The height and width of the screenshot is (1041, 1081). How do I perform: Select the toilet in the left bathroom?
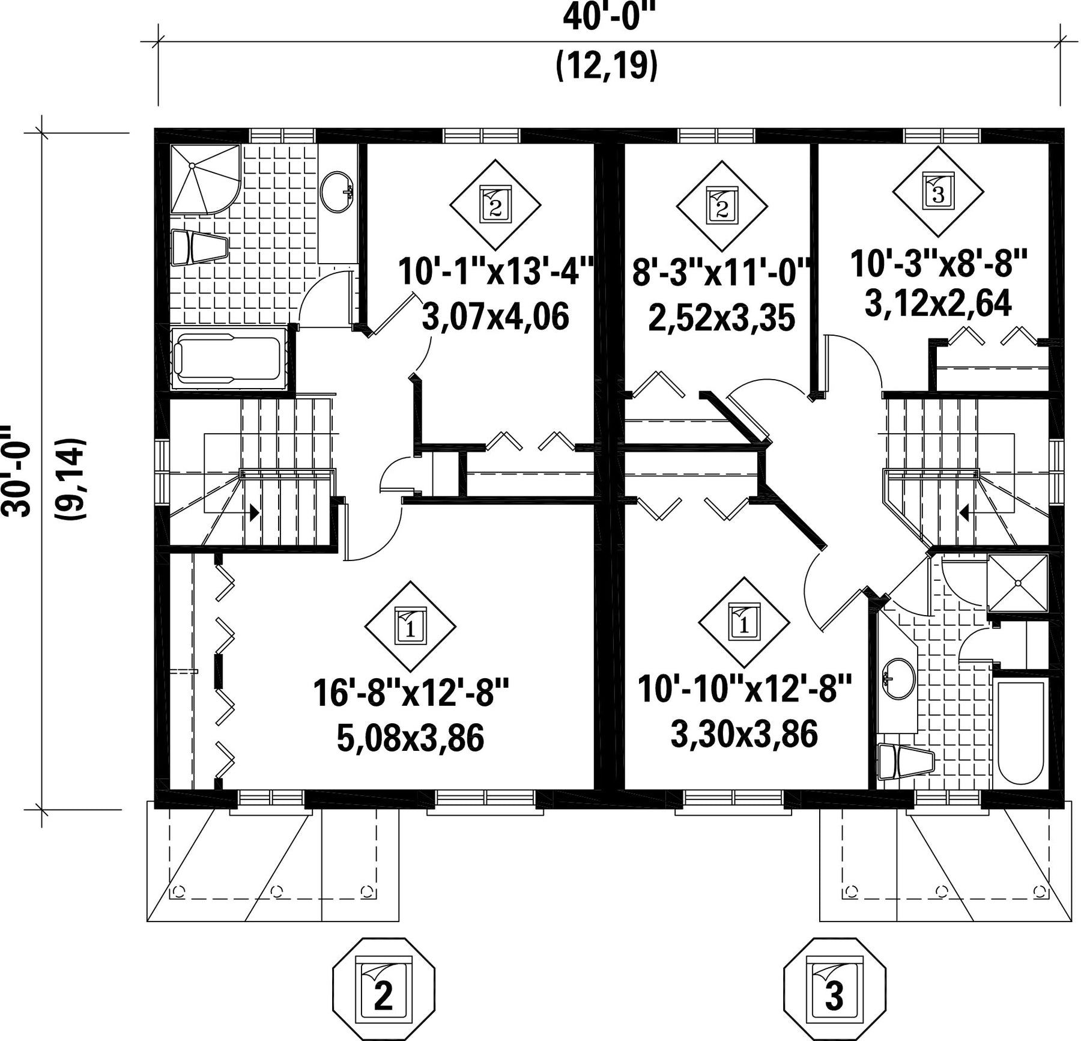(x=199, y=247)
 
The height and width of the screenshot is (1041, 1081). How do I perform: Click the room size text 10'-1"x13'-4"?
(x=496, y=272)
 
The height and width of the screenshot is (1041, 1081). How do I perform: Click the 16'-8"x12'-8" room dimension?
(x=411, y=694)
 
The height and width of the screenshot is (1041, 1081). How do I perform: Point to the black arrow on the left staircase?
(x=255, y=512)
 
